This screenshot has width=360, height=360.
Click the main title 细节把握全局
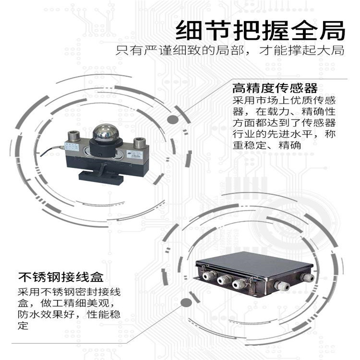(261, 30)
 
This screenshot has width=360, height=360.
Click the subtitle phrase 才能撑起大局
(302, 50)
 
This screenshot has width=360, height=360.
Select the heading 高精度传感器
(275, 88)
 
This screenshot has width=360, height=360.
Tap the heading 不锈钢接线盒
(61, 277)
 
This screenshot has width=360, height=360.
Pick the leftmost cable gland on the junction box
(208, 275)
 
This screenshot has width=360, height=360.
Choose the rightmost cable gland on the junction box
(307, 277)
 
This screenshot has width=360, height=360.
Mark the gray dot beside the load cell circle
(173, 120)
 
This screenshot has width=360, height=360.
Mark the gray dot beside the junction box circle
(186, 303)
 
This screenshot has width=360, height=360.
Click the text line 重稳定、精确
(267, 145)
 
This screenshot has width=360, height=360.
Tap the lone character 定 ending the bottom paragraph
(23, 326)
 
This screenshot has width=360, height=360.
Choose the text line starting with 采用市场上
(284, 100)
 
